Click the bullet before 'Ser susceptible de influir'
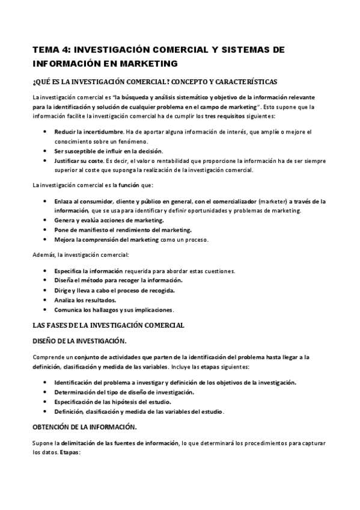tap(46, 150)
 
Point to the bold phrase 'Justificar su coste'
tap(79, 161)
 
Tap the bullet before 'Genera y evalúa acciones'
tap(46, 220)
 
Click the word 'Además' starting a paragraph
tap(44, 255)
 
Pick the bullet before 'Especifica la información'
tap(46, 271)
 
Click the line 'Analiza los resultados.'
tap(85, 300)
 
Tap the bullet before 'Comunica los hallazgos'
tap(46, 310)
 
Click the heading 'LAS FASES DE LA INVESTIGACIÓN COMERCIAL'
tap(108, 325)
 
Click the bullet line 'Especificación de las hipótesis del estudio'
tap(121, 402)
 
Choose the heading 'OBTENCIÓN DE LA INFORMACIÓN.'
tap(85, 427)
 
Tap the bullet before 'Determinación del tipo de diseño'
tap(46, 392)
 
